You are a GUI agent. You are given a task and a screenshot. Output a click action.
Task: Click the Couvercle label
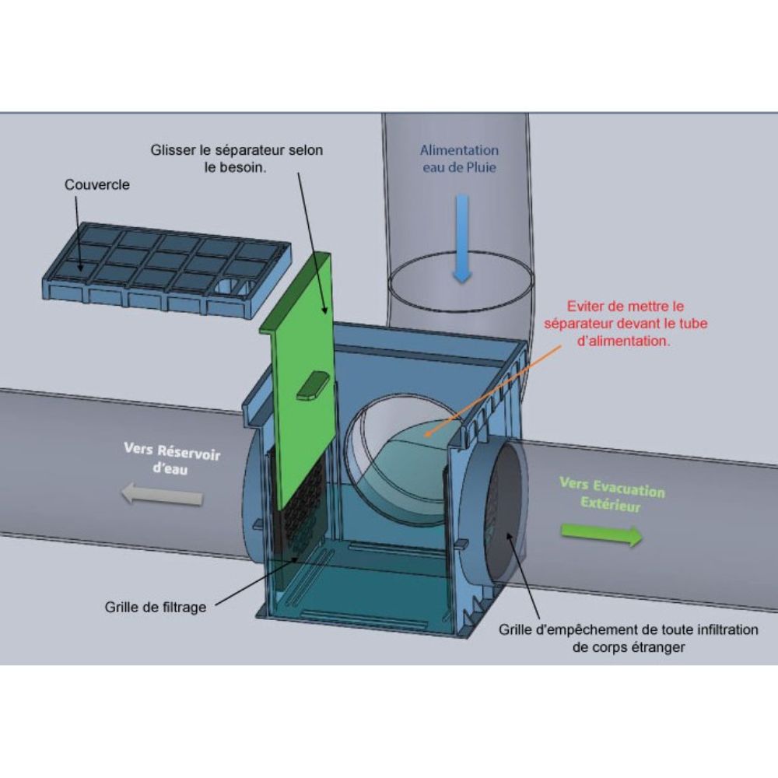[97, 184]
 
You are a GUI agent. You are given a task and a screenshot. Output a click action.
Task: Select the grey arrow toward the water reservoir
[163, 495]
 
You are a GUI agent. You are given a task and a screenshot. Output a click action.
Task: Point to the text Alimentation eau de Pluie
[460, 159]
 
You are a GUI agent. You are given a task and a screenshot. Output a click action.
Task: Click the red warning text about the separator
[626, 324]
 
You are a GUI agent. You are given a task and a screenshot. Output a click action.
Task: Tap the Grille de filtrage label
[156, 608]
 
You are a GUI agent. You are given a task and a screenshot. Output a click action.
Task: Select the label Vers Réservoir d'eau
[172, 458]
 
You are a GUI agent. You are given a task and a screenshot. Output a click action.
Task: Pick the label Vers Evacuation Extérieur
[612, 494]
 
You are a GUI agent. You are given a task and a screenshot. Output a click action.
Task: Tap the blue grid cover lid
[166, 268]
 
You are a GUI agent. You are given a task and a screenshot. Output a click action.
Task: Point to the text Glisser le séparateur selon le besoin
[237, 159]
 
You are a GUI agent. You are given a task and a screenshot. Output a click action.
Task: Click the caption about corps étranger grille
[628, 639]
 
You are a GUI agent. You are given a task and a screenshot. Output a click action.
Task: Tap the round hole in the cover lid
[229, 287]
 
